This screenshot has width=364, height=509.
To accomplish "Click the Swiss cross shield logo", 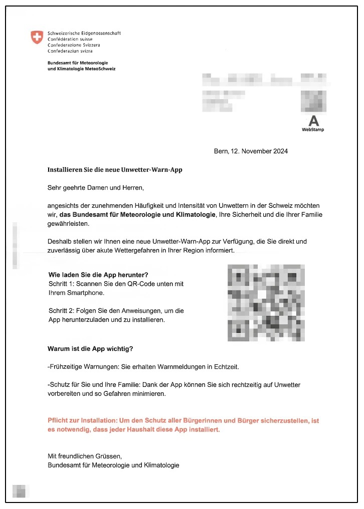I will click(37, 37).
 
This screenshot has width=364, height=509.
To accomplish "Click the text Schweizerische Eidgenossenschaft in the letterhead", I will click(84, 33).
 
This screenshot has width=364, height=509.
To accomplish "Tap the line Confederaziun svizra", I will click(70, 51).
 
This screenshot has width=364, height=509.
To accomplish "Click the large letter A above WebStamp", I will click(313, 121).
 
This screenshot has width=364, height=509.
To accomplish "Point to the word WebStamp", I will click(313, 130).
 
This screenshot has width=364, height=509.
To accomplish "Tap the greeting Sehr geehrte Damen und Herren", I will click(95, 188).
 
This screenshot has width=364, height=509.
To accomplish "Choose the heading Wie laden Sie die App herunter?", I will click(98, 275).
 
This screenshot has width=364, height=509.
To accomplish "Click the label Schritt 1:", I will click(61, 284).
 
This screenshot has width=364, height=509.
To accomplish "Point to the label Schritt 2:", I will click(61, 310).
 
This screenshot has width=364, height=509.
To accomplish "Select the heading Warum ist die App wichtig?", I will click(90, 348).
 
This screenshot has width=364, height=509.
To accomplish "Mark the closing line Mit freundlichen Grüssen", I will click(84, 456).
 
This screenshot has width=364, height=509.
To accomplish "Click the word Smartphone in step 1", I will click(84, 293).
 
